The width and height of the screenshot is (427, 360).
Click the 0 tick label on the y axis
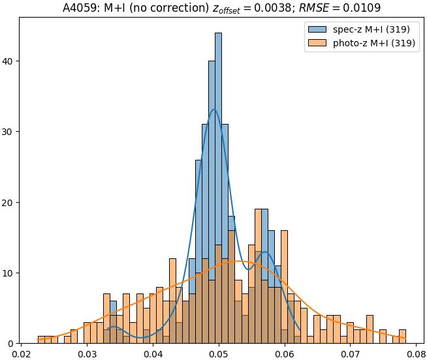[x=10, y=344]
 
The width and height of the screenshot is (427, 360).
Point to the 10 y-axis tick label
[x=8, y=273]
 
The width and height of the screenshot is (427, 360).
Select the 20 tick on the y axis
[x=8, y=203]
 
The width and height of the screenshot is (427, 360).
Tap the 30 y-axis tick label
[x=8, y=132]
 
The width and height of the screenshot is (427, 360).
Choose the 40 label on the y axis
[x=8, y=61]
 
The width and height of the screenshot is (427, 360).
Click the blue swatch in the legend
[x=316, y=30]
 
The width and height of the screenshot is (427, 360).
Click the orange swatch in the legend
[x=316, y=44]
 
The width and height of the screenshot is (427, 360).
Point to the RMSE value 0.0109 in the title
[x=362, y=8]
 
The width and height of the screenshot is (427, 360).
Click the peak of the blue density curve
[x=214, y=109]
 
